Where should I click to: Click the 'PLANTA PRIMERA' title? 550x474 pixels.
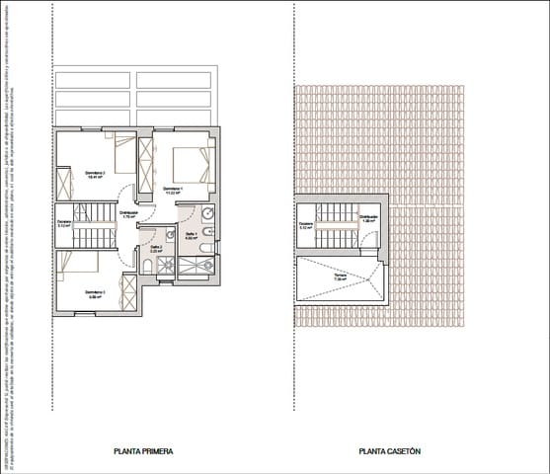click(x=144, y=451)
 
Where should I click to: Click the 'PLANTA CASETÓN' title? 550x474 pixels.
click(x=390, y=451)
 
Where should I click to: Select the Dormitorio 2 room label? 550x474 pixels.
click(x=95, y=174)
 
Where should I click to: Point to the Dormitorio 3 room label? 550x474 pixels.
click(x=95, y=293)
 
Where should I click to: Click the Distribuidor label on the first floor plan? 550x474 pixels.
click(x=128, y=214)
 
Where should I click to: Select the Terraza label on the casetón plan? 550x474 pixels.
click(x=340, y=276)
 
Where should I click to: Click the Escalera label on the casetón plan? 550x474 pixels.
click(x=306, y=224)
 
